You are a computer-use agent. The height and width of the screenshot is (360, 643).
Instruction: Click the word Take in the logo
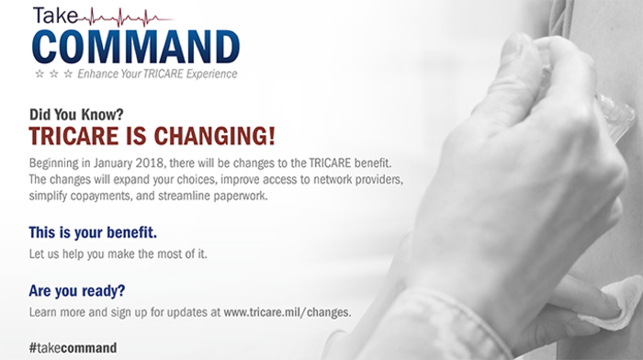coord(56,16)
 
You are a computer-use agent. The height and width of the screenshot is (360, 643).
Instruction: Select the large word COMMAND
coord(135,45)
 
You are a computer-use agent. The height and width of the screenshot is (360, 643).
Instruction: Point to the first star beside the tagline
coord(38,73)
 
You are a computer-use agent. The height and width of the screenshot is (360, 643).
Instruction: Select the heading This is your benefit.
coord(94,229)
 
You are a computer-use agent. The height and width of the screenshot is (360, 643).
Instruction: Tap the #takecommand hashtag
coord(73,348)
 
